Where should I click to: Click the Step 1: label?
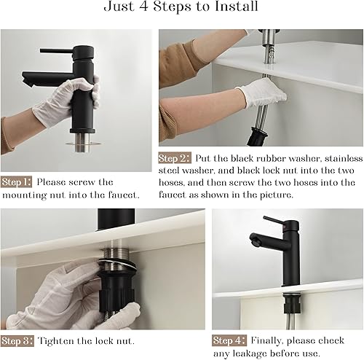[17, 182]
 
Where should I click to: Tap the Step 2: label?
[175, 158]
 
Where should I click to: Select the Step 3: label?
[17, 340]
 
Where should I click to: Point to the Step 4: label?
[229, 340]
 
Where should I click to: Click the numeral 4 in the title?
[143, 7]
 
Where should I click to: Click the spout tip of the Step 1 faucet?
[26, 79]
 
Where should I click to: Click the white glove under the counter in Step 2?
[263, 93]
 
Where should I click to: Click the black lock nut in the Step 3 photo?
[117, 289]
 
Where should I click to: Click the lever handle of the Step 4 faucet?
[274, 220]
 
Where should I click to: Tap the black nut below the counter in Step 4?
[292, 305]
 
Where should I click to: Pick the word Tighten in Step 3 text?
[56, 341]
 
